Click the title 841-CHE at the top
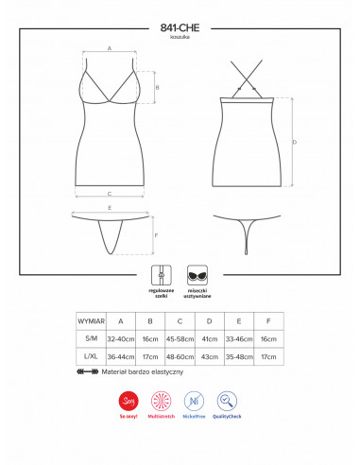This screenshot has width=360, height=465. pyautogui.click(x=179, y=27)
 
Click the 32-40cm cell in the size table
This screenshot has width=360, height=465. pyautogui.click(x=120, y=338)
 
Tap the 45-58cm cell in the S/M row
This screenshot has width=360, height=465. pyautogui.click(x=180, y=338)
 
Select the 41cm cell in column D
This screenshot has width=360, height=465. pyautogui.click(x=210, y=338)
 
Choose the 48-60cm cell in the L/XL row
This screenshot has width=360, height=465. pyautogui.click(x=180, y=357)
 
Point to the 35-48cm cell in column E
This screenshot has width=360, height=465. pyautogui.click(x=239, y=357)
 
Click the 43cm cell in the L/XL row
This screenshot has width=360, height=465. pyautogui.click(x=210, y=357)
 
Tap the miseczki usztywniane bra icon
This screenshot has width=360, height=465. pyautogui.click(x=198, y=271)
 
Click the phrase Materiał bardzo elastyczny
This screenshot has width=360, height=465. pyautogui.click(x=144, y=373)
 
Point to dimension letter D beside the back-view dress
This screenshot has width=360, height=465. pyautogui.click(x=295, y=143)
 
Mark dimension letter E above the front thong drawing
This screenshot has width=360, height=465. pyautogui.click(x=111, y=207)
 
